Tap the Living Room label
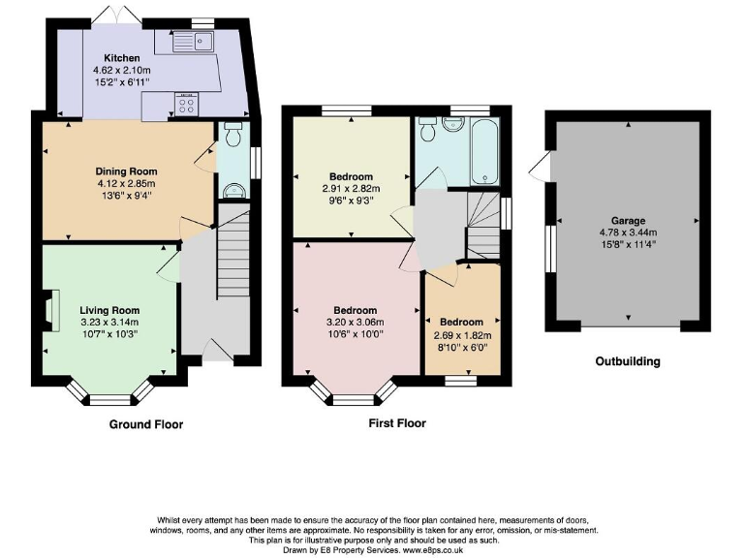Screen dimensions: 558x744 109,311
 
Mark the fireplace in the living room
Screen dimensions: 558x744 50,313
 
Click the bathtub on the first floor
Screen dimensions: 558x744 483,151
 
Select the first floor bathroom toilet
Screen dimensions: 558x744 450,125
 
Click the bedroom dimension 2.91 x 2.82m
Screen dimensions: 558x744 351,189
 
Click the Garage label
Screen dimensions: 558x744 627,221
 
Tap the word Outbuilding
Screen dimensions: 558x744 627,361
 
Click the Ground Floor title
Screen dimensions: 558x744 145,424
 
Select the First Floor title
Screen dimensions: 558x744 396,423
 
